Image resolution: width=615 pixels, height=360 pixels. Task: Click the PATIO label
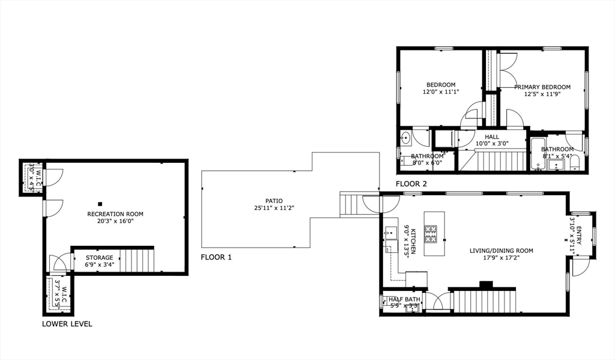274,201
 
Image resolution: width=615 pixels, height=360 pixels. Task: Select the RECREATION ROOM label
115,214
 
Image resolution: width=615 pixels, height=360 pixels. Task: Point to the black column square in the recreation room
100,204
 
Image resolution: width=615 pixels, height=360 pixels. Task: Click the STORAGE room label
99,258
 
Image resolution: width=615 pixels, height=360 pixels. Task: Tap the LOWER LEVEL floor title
67,324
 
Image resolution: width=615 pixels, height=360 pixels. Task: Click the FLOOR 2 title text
411,183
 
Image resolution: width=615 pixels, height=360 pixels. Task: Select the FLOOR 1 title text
216,257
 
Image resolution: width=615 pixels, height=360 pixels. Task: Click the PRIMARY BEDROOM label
542,87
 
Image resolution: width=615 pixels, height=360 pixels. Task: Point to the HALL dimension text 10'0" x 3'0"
492,144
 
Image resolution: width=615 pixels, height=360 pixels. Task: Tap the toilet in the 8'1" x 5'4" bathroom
574,163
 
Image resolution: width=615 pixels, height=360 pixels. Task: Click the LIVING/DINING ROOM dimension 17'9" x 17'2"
501,259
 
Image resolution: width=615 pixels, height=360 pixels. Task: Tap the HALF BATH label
404,299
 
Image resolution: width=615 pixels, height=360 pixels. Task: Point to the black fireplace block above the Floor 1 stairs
486,284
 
